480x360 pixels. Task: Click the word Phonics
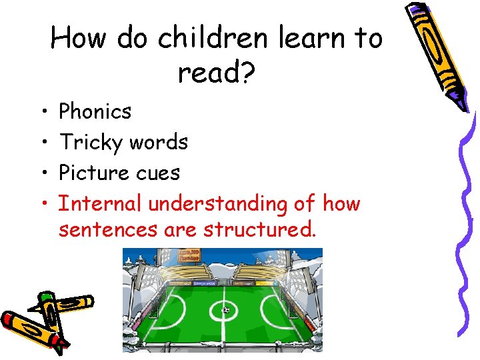pyautogui.click(x=95, y=111)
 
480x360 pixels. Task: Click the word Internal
pyautogui.click(x=101, y=203)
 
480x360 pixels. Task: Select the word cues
pyautogui.click(x=158, y=173)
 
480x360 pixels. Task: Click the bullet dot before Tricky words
pyautogui.click(x=42, y=143)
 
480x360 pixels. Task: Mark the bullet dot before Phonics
pyautogui.click(x=42, y=112)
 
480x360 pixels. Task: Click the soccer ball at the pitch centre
pyautogui.click(x=225, y=309)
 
